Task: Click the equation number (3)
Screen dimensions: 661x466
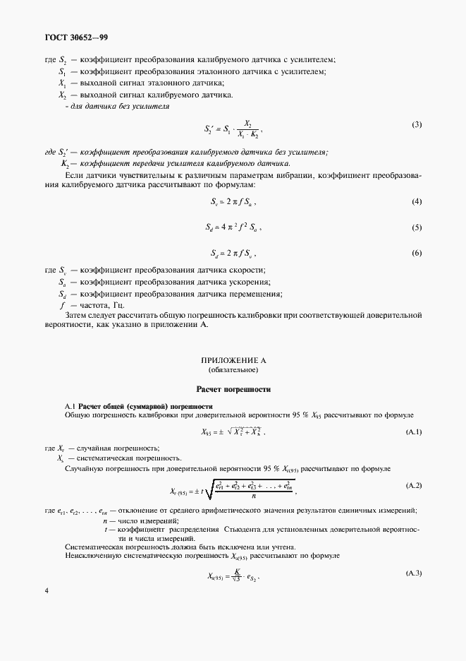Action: [417, 125]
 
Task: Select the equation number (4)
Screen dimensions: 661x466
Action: [417, 203]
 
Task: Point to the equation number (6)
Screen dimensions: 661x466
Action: [417, 252]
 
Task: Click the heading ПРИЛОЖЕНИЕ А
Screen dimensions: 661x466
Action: [233, 360]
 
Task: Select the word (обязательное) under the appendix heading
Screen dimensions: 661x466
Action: [233, 369]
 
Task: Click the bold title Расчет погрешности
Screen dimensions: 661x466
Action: [233, 389]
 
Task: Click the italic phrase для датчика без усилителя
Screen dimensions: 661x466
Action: [117, 106]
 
